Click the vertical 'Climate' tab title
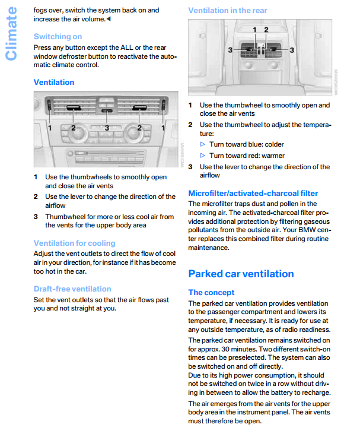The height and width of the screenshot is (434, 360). (x=11, y=33)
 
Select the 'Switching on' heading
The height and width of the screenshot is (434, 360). (x=58, y=37)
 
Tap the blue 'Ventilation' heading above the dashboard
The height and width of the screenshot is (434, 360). (x=54, y=82)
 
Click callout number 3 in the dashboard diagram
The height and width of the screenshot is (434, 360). (x=107, y=128)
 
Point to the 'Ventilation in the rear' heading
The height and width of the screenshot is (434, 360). (x=228, y=11)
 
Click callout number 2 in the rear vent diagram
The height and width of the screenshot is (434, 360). (x=266, y=30)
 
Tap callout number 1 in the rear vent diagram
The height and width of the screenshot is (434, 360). (x=254, y=30)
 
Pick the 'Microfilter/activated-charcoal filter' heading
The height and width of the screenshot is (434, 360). (x=253, y=193)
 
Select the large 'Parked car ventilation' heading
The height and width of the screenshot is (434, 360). (x=241, y=274)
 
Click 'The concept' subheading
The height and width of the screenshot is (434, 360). (x=211, y=292)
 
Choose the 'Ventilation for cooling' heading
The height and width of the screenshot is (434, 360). (x=74, y=243)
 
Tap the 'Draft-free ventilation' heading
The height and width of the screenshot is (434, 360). (x=72, y=289)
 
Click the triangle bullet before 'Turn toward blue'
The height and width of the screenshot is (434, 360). (x=203, y=144)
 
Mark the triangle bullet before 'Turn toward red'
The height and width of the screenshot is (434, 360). (x=203, y=156)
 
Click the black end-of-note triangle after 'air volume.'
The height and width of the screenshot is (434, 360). (x=109, y=19)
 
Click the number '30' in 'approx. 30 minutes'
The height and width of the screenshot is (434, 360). (x=225, y=349)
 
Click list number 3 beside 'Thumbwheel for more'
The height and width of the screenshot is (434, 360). (x=36, y=217)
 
